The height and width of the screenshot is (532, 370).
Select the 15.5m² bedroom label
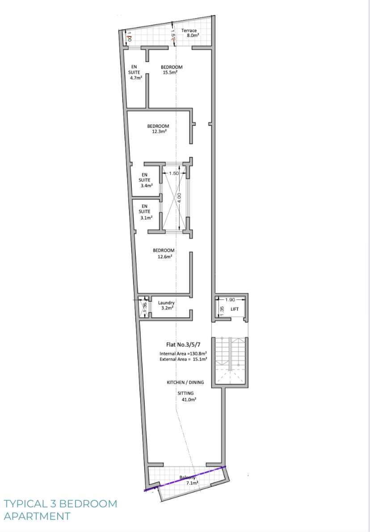click(x=172, y=69)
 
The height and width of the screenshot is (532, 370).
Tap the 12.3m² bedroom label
click(x=158, y=129)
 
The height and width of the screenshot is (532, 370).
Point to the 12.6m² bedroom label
click(x=164, y=253)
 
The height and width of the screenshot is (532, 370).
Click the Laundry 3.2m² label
click(x=166, y=305)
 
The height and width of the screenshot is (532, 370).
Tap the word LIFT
click(x=235, y=309)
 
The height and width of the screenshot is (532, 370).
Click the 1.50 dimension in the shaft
click(x=174, y=173)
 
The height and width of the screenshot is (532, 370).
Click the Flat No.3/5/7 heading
click(x=183, y=345)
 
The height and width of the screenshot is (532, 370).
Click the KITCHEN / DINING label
click(x=185, y=382)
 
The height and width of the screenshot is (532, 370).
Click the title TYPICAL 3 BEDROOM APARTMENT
click(x=60, y=510)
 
